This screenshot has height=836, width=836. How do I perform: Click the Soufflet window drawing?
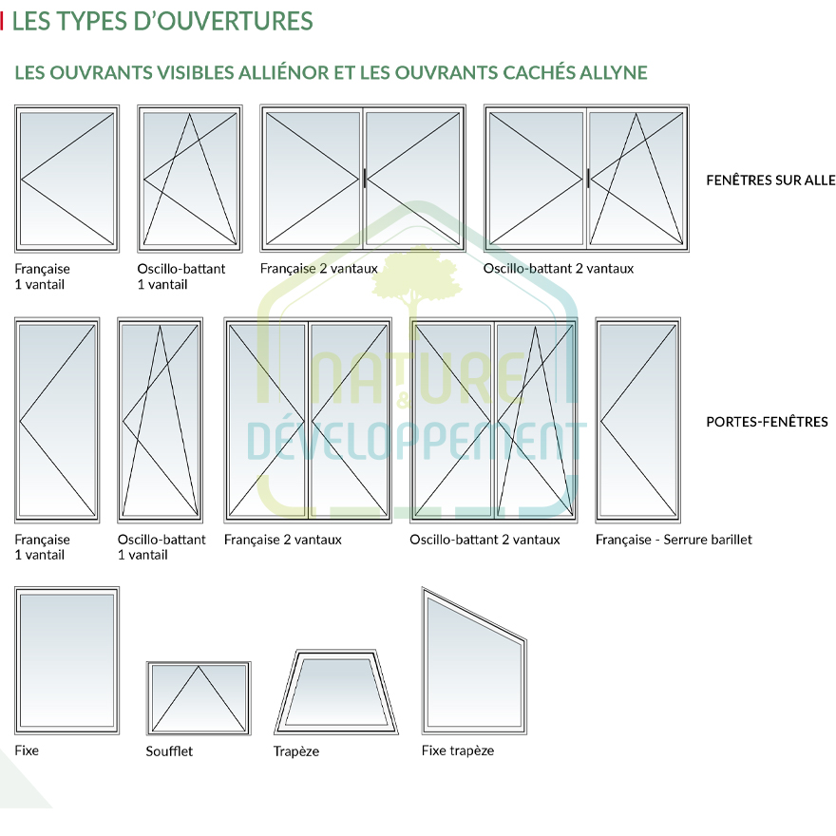pos(199,697)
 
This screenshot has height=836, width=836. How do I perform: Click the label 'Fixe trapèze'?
pos(458,750)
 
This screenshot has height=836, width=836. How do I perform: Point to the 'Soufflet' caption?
pos(169,751)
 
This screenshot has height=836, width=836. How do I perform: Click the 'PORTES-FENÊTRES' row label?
pos(767,422)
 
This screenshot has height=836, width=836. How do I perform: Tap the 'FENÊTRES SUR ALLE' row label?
pos(770,180)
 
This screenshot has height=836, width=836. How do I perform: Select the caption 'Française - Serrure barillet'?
pos(674,540)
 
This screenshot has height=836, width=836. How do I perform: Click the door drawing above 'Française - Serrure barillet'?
pos(638,420)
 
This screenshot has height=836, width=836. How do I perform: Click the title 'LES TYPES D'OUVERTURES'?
pos(162,21)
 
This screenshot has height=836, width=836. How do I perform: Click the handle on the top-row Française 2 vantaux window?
pos(364,177)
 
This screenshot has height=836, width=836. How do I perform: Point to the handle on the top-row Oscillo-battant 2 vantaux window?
pos(588,177)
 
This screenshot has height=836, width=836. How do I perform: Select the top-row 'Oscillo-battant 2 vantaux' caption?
pos(558,269)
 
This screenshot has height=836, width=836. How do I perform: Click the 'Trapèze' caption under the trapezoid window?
pos(296,751)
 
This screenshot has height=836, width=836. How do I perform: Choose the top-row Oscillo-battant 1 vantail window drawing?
pos(188,179)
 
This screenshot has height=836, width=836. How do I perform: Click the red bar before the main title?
pos(3,21)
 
